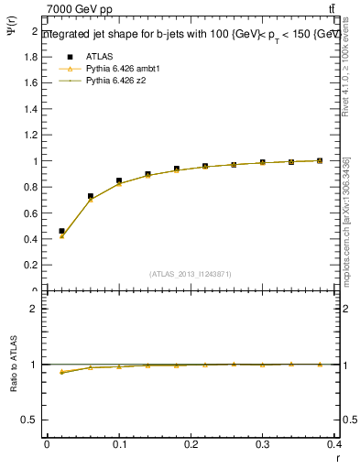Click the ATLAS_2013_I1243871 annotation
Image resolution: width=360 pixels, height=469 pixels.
tap(190, 274)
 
